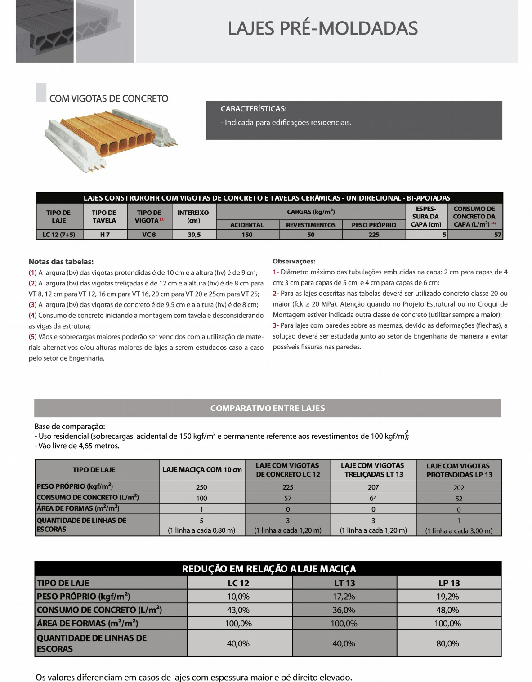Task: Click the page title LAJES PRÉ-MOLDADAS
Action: pos(322,28)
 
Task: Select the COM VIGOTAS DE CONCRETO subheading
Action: pos(108,98)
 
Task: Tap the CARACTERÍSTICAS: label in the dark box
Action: pos(253,109)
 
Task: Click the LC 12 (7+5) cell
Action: pos(59,235)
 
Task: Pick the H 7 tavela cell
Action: pos(105,235)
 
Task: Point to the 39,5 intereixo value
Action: pos(194,235)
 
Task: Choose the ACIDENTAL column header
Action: pos(247,225)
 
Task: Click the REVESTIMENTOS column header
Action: pos(311,225)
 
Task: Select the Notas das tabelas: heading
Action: pos(61,262)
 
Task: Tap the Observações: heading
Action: pos(294,261)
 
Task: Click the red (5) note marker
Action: pos(32,337)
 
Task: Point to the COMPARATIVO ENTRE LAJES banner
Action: pos(267,408)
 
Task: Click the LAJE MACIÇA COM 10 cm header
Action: pos(202,470)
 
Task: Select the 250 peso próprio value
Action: pos(201,487)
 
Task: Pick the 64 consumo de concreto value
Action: pos(373,498)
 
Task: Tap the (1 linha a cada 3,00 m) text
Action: pos(459,530)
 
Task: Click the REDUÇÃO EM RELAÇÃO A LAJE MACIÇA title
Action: pos(268,569)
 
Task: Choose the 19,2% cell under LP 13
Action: pos(447,597)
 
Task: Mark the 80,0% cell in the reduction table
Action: pos(447,643)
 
